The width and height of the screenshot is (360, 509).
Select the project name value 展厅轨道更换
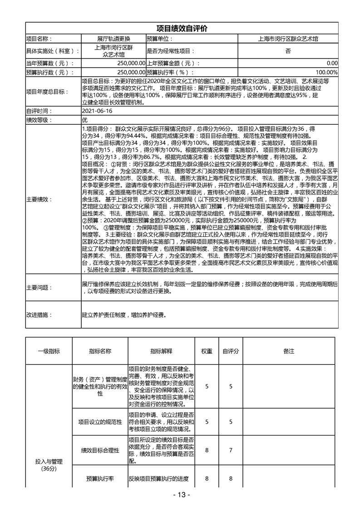click(113, 39)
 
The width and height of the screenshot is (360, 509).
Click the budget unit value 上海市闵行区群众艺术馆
click(287, 39)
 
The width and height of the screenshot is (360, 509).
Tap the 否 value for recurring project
click(288, 51)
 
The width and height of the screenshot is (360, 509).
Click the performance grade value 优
click(84, 120)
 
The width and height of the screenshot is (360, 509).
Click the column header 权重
click(207, 351)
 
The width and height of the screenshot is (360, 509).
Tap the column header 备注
click(289, 351)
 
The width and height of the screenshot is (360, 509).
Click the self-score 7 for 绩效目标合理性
click(231, 450)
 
